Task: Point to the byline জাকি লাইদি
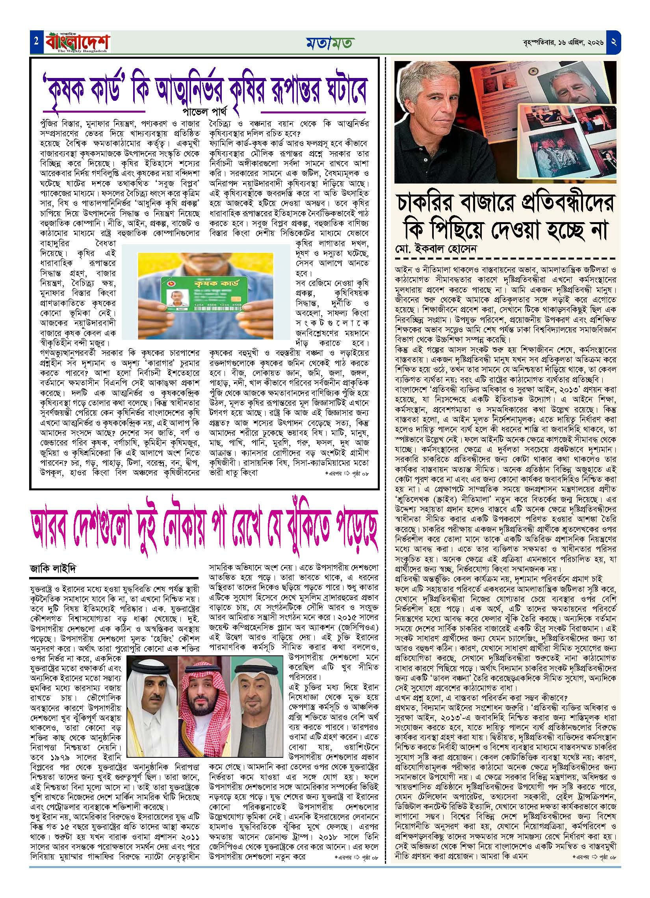(52, 569)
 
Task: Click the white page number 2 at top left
(36, 41)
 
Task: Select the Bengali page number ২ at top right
(615, 42)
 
